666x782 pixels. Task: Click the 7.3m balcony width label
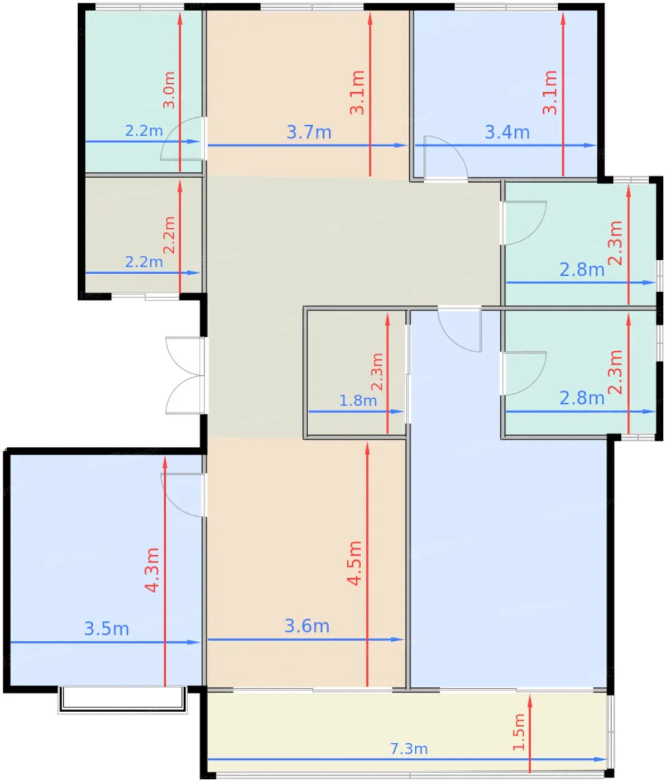[x=409, y=748]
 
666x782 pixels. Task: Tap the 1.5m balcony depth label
[x=519, y=732]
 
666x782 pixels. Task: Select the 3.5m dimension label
[x=106, y=628]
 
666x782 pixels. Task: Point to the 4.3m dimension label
[x=152, y=570]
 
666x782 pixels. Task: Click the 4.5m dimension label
[x=354, y=564]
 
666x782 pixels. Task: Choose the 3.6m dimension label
[x=306, y=626]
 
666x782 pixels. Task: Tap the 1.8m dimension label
[x=358, y=400]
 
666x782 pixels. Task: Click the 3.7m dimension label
[x=309, y=132]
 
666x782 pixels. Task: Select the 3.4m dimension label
[x=507, y=132]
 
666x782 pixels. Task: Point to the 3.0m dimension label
[x=169, y=90]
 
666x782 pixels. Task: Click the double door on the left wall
[x=185, y=375]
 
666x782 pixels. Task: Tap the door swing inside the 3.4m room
[x=445, y=158]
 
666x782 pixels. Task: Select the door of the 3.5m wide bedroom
[x=183, y=495]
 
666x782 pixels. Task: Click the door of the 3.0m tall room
[x=183, y=139]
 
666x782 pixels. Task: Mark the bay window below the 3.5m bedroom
[x=122, y=700]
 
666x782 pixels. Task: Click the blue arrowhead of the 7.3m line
[x=600, y=759]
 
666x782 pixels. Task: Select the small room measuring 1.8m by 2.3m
[x=356, y=373]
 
